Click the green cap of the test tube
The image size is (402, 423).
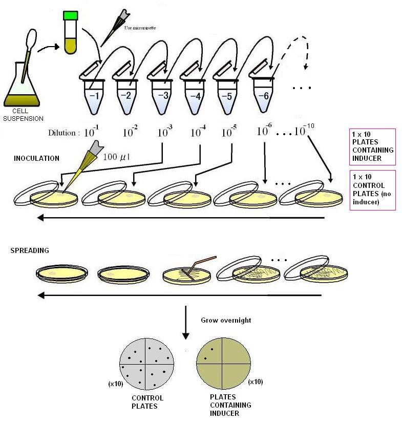click(70, 16)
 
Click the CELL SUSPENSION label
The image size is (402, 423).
click(23, 115)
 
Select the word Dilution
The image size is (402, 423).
click(64, 133)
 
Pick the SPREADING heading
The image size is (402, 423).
click(30, 250)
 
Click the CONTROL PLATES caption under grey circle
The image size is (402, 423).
click(147, 402)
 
